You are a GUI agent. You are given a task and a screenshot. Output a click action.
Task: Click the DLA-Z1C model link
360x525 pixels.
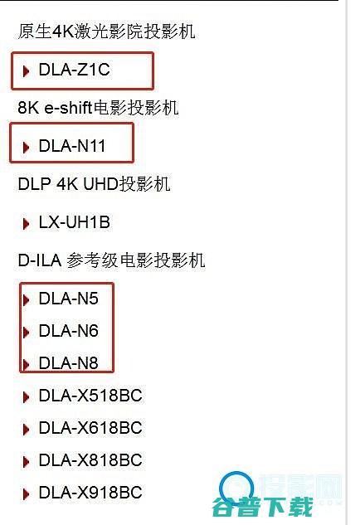coord(74,70)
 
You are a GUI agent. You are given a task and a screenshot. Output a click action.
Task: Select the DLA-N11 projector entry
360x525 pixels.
coord(72,147)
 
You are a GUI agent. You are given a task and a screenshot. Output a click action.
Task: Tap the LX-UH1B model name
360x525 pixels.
coord(74,222)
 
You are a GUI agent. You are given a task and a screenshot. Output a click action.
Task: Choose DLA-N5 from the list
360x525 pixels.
coord(68,299)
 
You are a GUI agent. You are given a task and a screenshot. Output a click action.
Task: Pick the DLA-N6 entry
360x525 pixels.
coord(68,331)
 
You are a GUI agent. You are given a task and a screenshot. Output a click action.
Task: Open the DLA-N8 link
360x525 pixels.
coord(68,362)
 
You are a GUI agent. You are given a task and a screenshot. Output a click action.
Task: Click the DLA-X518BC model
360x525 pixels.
coord(90,396)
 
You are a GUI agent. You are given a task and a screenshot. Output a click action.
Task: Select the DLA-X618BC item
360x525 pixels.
coord(90,428)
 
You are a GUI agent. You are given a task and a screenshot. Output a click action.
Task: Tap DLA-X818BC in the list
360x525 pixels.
coord(90,460)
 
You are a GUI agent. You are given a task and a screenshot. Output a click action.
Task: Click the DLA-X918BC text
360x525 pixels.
coord(90,493)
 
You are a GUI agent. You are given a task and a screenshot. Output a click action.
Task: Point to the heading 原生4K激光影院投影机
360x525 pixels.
coord(106,32)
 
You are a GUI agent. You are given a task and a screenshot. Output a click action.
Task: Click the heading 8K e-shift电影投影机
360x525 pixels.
coord(98,109)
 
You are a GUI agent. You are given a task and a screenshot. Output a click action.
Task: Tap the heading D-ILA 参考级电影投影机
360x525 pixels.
coord(111,260)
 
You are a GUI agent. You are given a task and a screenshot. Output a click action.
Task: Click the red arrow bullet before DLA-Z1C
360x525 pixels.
coord(26,71)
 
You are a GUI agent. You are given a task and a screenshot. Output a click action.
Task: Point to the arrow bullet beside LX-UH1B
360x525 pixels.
coord(26,223)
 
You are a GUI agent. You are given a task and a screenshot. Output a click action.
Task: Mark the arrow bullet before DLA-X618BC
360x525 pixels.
coord(26,429)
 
